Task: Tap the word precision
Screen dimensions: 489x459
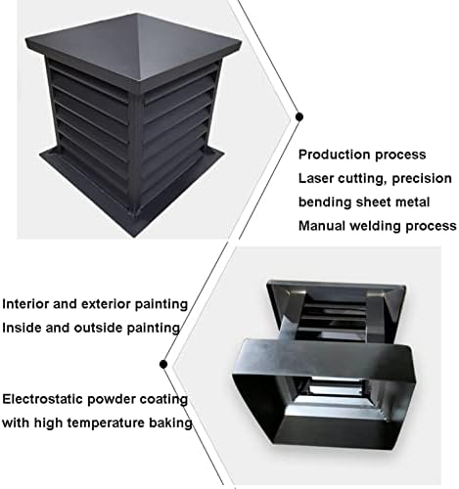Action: (418, 178)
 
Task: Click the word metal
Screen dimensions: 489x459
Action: (433, 202)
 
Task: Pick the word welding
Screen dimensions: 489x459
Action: (388, 225)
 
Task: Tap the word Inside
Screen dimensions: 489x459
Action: (24, 327)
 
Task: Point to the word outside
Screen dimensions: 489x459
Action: (107, 327)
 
